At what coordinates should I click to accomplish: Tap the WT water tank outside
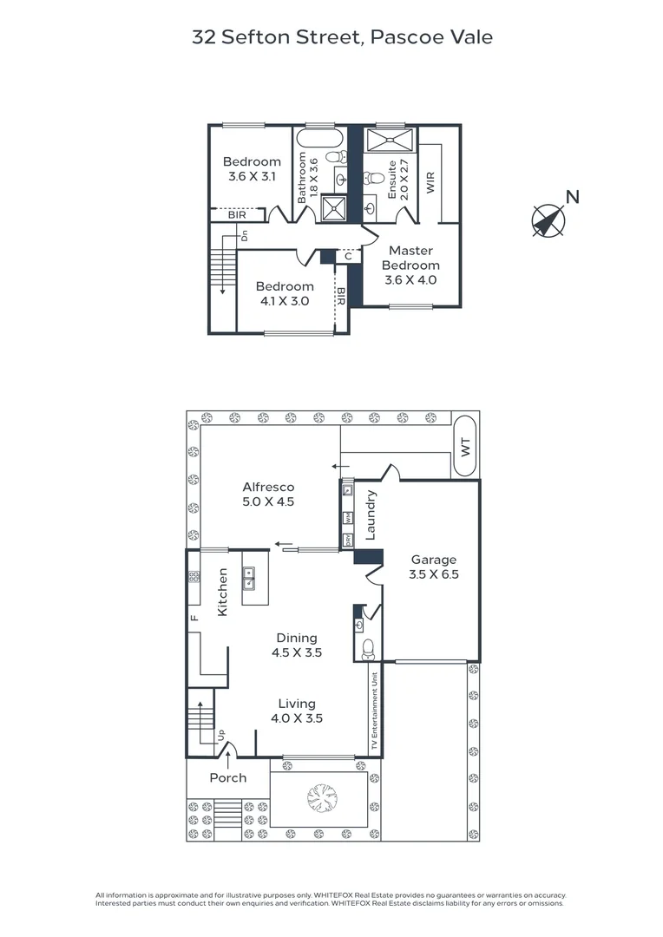(465, 447)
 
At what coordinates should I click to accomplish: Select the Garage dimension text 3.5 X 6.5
(433, 574)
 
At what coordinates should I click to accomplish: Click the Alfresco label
(268, 487)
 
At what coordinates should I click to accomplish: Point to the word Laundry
(371, 515)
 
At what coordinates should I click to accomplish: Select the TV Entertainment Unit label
(375, 711)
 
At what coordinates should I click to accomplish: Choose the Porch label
(228, 777)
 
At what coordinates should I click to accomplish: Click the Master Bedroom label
(410, 258)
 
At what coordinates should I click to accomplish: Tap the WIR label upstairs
(430, 183)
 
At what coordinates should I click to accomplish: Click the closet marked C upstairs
(347, 256)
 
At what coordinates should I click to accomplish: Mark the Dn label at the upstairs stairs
(245, 236)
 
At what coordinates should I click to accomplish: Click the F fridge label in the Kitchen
(194, 618)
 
